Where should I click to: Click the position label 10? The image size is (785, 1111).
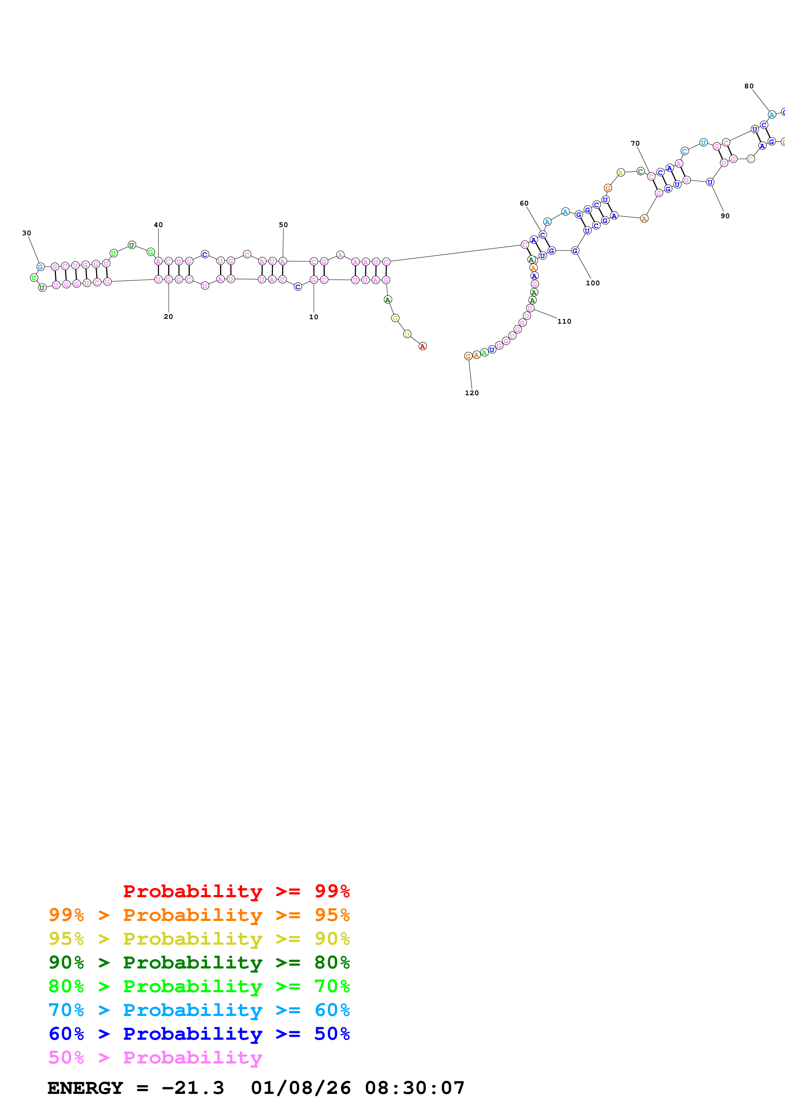[x=313, y=317]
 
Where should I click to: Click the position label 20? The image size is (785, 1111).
[x=168, y=316]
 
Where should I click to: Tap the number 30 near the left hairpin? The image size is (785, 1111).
[x=27, y=233]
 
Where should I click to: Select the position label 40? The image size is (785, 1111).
[x=158, y=225]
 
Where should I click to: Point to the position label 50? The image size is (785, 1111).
[x=283, y=225]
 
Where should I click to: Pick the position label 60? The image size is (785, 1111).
[x=524, y=203]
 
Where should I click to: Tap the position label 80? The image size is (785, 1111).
[x=749, y=86]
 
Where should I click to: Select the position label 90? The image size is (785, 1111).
[x=725, y=216]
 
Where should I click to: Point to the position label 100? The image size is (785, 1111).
[x=592, y=283]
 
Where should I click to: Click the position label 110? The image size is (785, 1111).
[x=564, y=321]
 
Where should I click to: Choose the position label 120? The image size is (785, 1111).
[x=472, y=393]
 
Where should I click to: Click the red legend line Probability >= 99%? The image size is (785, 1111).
[x=237, y=891]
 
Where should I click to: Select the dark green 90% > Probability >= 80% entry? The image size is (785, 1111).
[x=199, y=962]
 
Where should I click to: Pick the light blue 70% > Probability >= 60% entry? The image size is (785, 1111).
[x=199, y=1010]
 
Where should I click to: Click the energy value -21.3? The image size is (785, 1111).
[x=193, y=1088]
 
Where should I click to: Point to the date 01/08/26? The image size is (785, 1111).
[x=301, y=1088]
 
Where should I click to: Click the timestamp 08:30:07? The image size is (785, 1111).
[x=415, y=1088]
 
